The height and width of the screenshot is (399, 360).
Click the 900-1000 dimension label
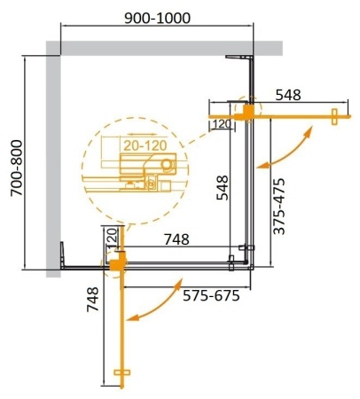pos(157,18)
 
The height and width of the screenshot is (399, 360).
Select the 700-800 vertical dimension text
pos(15,161)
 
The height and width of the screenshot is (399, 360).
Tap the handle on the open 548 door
pos(335,115)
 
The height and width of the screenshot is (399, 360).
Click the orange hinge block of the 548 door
pos(249,113)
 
